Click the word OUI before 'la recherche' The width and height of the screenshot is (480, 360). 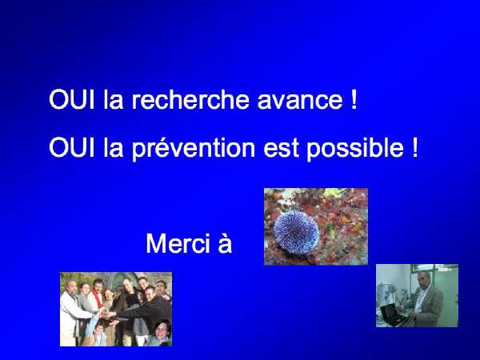click(x=72, y=99)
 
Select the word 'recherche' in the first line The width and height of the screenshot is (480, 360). click(x=190, y=99)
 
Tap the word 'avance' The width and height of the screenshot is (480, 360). click(x=300, y=102)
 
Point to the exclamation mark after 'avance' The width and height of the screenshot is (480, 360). click(x=354, y=99)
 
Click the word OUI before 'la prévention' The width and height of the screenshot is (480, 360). click(x=72, y=148)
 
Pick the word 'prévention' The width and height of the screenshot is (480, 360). click(x=194, y=149)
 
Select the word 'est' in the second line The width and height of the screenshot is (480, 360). click(x=281, y=149)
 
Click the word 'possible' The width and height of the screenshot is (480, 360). click(x=355, y=149)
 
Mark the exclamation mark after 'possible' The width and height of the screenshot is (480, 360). click(x=414, y=148)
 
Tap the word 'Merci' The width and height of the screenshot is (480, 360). click(x=178, y=243)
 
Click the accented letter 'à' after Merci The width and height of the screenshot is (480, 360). click(x=225, y=243)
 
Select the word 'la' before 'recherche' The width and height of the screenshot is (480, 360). click(x=113, y=99)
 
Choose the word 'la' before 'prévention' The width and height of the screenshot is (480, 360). click(x=113, y=148)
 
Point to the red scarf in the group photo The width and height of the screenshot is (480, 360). click(x=98, y=298)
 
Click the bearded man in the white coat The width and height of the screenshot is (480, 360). click(x=72, y=312)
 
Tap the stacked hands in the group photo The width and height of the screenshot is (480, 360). click(x=107, y=314)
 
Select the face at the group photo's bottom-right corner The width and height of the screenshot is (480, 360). click(x=162, y=331)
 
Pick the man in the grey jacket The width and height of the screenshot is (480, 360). click(x=425, y=299)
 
